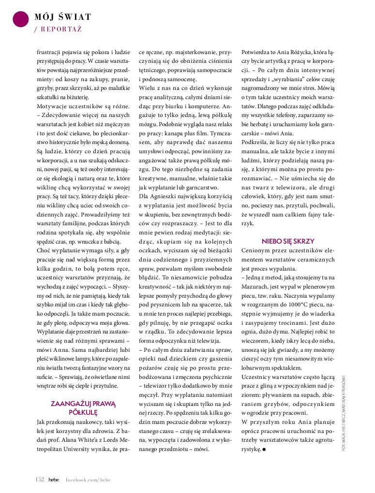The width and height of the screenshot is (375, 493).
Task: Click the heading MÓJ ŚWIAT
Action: [62, 17]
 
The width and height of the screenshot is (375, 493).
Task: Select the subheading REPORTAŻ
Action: [60, 29]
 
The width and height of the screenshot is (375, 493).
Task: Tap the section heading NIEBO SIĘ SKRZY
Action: [288, 241]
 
